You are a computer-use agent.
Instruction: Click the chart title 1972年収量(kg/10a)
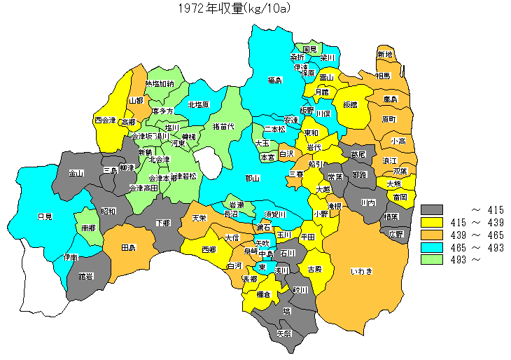233,8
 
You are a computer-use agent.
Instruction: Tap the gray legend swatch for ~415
433,209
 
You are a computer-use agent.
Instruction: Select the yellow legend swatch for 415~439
433,222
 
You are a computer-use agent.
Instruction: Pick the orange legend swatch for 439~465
433,235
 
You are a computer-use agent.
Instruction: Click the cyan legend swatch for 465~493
433,247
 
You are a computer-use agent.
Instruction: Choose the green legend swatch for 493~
433,260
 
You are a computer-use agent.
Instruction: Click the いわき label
362,270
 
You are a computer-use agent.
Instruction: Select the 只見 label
44,216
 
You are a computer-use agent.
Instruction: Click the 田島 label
128,249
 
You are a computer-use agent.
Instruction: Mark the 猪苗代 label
223,127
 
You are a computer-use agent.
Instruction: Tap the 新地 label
385,55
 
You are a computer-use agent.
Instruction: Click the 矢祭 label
285,333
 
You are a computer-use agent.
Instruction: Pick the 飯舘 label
350,104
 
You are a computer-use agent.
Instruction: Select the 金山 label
76,173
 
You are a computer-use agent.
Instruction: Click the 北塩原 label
197,105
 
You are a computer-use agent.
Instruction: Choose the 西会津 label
105,120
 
